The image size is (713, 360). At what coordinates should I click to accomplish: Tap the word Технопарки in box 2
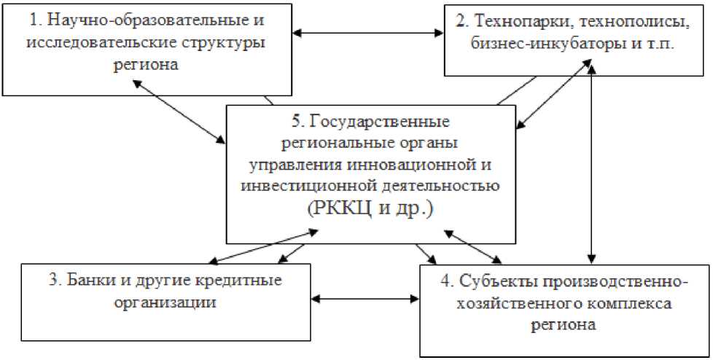(x=513, y=21)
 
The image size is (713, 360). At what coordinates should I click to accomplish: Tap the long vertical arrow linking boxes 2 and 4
(x=593, y=164)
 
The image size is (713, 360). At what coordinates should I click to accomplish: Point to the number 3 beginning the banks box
(x=66, y=281)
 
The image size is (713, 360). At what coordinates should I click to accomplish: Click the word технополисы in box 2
(x=617, y=21)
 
